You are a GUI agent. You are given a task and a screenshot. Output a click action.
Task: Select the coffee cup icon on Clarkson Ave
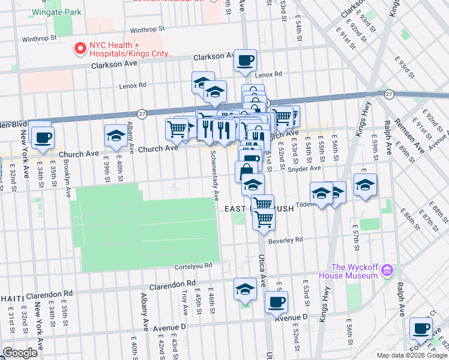pyautogui.click(x=245, y=60)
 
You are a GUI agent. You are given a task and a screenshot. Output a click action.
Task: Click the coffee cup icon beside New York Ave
pyautogui.click(x=42, y=137)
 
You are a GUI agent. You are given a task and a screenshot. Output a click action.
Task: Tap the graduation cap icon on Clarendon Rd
pyautogui.click(x=245, y=290)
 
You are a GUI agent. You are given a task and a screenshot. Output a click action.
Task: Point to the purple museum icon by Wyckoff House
pyautogui.click(x=388, y=271)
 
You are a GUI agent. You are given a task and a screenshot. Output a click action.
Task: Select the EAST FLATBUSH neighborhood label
pyautogui.click(x=259, y=209)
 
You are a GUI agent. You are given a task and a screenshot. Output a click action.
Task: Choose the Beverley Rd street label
pyautogui.click(x=286, y=240)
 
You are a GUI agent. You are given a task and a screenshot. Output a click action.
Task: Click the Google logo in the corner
pyautogui.click(x=20, y=353)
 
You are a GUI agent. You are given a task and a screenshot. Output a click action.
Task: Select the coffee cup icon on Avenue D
pyautogui.click(x=276, y=302)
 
